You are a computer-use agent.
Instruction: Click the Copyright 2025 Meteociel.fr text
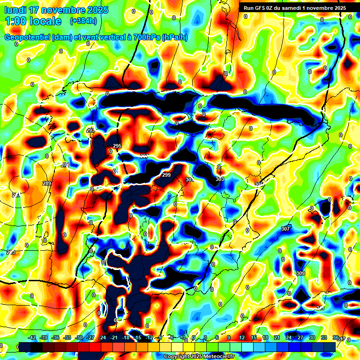(x=199, y=357)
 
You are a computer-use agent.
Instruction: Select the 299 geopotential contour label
(x=166, y=175)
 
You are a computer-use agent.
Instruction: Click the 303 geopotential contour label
(x=220, y=179)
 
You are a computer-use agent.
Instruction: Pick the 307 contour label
(x=285, y=229)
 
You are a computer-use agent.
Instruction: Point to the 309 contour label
(x=300, y=273)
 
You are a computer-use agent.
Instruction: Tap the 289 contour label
(x=46, y=183)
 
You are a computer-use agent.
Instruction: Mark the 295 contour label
(x=117, y=146)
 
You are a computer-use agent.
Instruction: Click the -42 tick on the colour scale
(x=32, y=337)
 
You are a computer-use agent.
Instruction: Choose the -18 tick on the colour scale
(x=126, y=337)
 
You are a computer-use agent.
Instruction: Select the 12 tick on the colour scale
(x=241, y=337)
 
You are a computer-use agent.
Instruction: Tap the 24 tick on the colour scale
(x=288, y=337)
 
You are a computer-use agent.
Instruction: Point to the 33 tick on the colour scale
(x=323, y=337)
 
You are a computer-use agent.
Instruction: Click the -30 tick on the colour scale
(x=79, y=337)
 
